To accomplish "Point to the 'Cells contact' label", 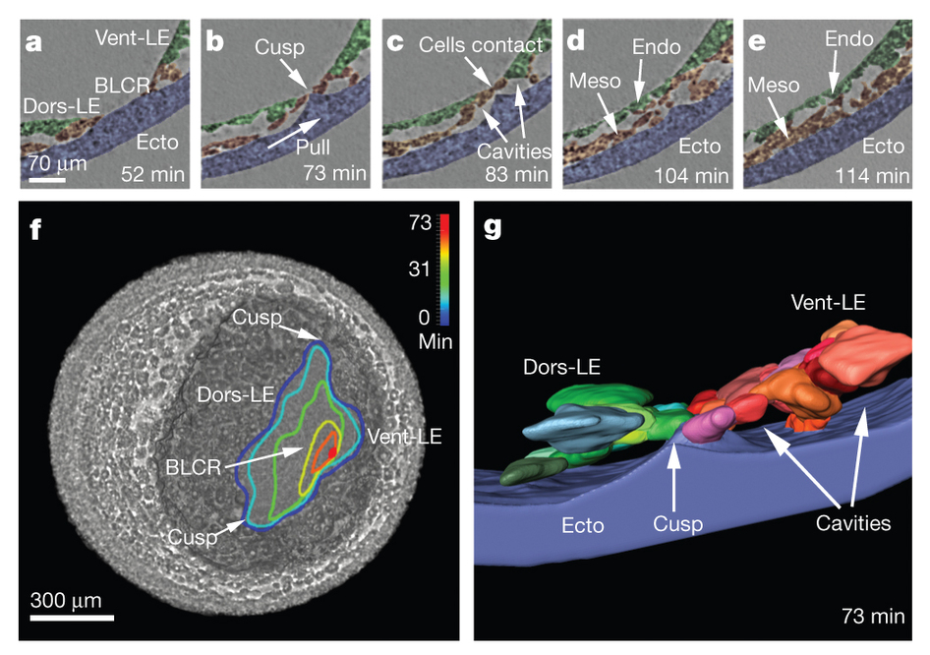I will [x=480, y=44].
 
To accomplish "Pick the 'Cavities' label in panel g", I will [x=852, y=523].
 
